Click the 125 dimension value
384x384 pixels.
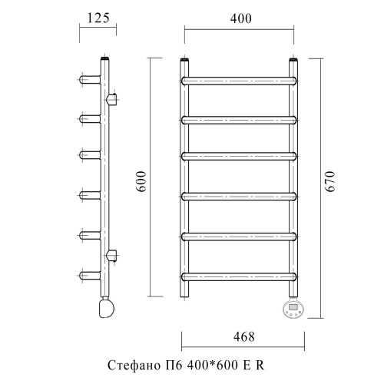98,18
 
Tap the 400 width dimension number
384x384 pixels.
240,18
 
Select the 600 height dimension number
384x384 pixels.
141,181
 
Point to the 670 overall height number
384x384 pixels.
329,181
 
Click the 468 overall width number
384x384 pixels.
244,336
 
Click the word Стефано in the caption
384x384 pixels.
133,366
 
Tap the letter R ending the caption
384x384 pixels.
260,366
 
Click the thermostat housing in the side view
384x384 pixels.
107,308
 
